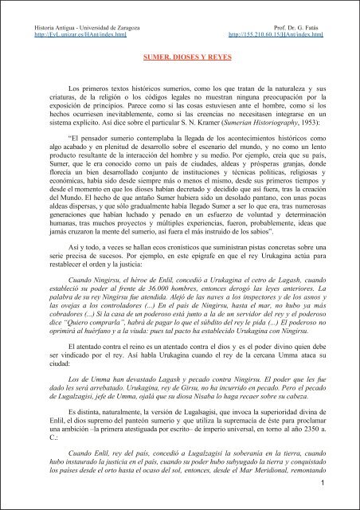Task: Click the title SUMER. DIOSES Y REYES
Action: point(180,60)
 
